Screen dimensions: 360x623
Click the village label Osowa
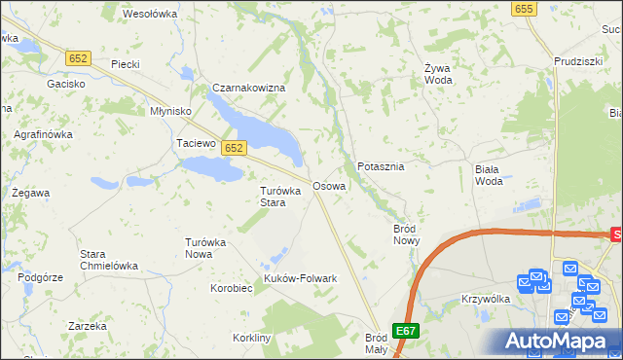(328, 185)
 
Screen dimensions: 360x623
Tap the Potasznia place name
(381, 166)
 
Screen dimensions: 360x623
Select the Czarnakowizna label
(248, 88)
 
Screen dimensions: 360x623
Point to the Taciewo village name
(194, 143)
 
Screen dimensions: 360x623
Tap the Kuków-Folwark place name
(300, 279)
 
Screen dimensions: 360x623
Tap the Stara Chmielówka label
(108, 260)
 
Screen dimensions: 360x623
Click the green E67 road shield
(406, 331)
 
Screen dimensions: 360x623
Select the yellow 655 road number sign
(525, 8)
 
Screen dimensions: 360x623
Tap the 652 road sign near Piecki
(80, 58)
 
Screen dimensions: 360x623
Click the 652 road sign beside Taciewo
(233, 148)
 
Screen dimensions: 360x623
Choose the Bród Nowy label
(405, 234)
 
